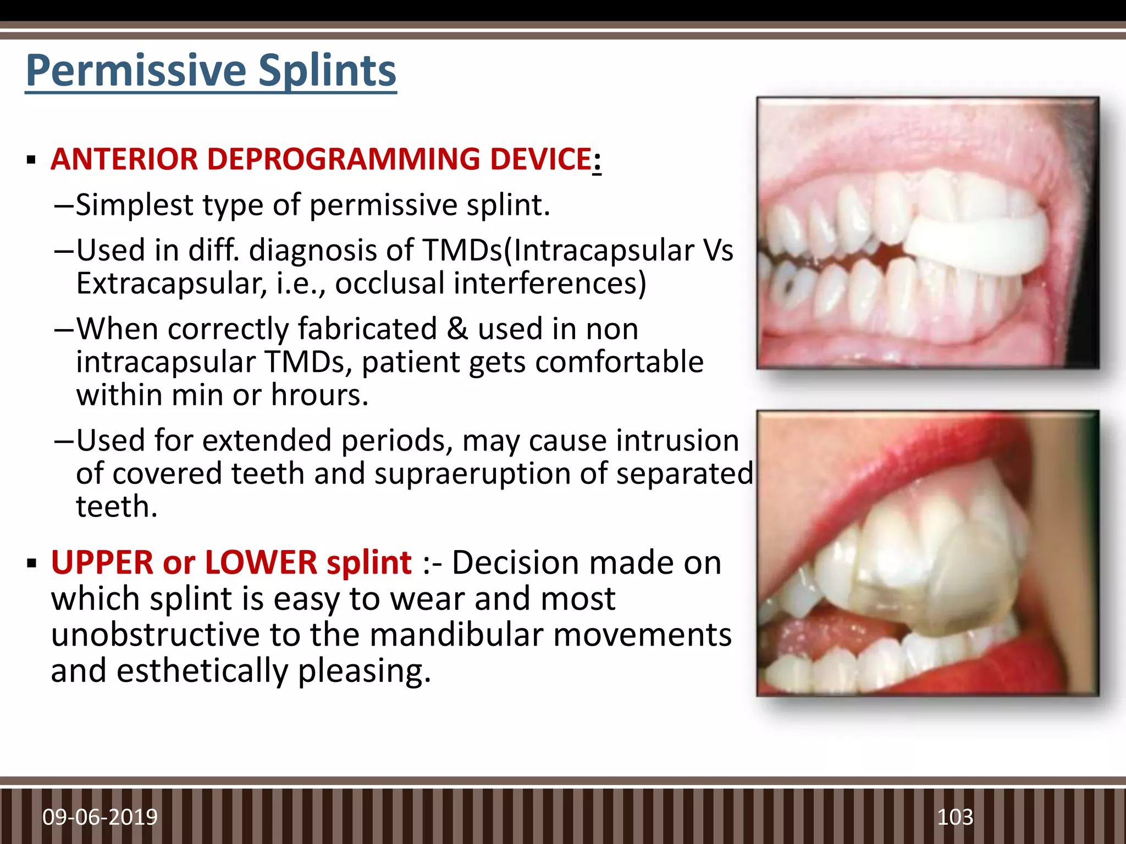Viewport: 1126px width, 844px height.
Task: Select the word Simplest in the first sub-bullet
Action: (x=135, y=205)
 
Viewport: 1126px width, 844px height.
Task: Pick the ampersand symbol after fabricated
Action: (x=457, y=329)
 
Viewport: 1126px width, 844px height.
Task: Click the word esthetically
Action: (x=202, y=671)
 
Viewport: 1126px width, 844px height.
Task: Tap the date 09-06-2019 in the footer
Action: (x=100, y=817)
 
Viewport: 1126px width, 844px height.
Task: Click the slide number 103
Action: (x=955, y=817)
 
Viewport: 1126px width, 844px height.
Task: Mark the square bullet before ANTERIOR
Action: (x=31, y=160)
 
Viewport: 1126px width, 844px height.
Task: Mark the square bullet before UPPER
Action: (x=31, y=564)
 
